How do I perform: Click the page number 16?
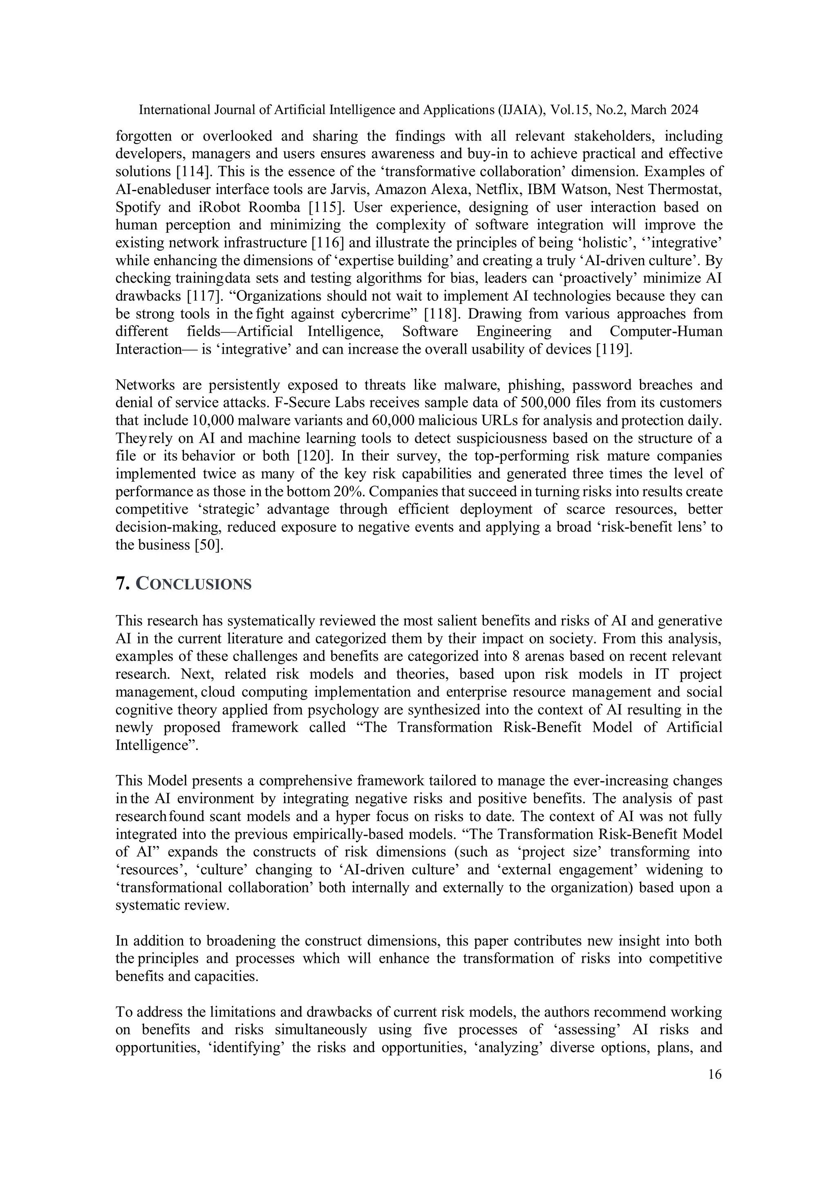(715, 1074)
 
